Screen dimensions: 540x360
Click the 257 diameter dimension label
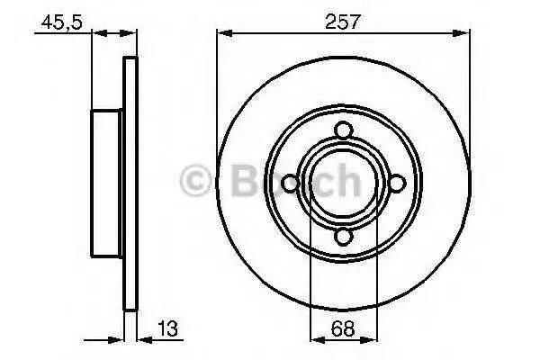click(x=342, y=22)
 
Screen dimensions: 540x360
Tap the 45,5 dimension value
click(x=61, y=22)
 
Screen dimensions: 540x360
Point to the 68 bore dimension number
click(x=343, y=328)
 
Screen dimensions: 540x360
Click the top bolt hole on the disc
click(x=344, y=130)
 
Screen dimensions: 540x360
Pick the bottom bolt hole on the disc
click(x=344, y=238)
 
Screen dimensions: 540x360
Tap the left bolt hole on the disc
click(x=290, y=184)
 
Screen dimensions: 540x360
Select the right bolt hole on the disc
click(x=397, y=184)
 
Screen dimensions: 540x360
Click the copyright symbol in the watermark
click(x=195, y=181)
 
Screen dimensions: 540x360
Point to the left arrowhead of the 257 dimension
click(x=224, y=33)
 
